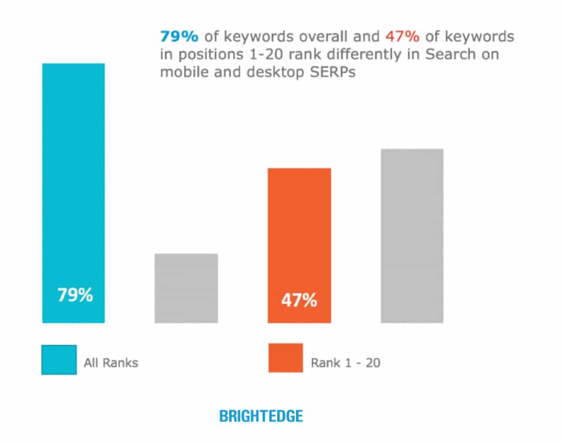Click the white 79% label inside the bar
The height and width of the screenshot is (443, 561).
click(75, 295)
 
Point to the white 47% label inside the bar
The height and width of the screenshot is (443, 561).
click(298, 300)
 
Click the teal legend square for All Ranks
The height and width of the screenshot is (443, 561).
click(59, 360)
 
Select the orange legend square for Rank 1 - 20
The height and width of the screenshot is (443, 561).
click(285, 358)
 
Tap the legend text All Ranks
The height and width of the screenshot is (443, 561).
click(111, 363)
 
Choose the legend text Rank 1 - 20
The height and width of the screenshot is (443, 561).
click(345, 363)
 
